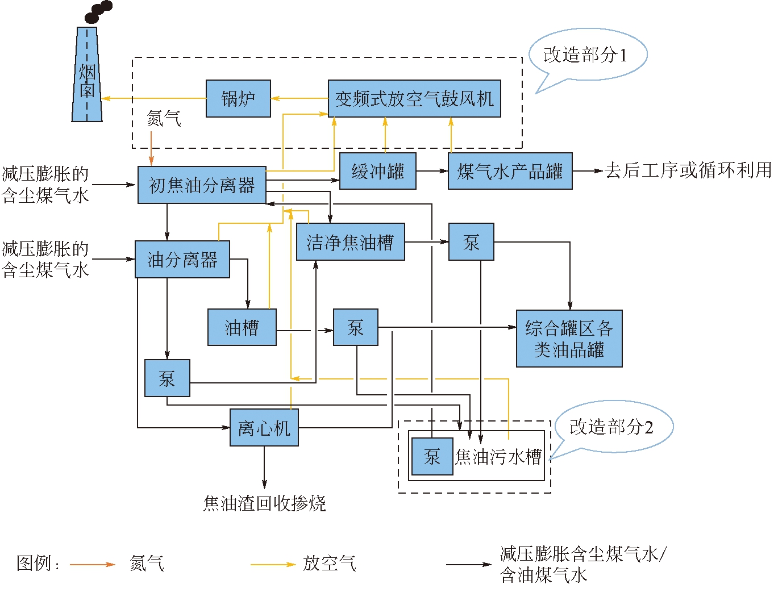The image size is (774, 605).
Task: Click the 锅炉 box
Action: point(238,99)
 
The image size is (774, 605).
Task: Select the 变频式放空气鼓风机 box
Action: point(414,99)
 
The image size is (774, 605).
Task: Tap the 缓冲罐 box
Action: point(378,171)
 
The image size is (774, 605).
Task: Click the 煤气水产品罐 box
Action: point(510,171)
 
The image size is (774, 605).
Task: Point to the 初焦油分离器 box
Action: point(202,185)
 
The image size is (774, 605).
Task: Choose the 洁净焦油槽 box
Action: point(350,242)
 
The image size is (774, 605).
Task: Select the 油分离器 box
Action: point(182,260)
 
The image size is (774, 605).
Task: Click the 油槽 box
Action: point(242,327)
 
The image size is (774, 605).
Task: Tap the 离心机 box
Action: point(264,428)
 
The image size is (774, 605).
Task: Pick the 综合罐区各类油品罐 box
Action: point(569,339)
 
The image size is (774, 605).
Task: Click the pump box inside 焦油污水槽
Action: point(432,456)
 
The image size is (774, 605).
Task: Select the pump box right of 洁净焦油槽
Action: point(471,242)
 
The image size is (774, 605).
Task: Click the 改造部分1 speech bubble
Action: point(587,55)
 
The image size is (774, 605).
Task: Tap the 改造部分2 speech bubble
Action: point(613,427)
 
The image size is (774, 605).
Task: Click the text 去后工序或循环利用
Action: point(688,170)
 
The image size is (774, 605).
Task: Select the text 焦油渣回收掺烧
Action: point(264,503)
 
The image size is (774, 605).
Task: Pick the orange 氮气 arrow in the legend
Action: point(92,565)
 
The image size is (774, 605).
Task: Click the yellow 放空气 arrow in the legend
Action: point(273,565)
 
